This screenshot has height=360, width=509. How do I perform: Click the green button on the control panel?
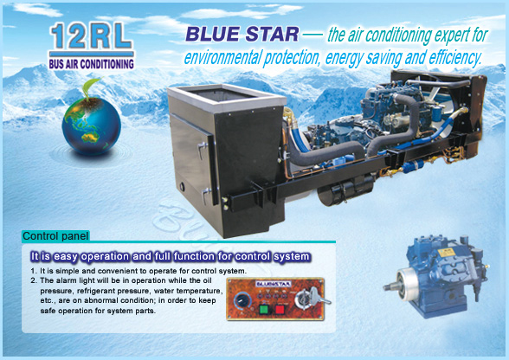(x=265, y=309)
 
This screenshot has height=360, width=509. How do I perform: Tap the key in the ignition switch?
(x=319, y=297)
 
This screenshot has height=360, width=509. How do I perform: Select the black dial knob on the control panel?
(x=242, y=300)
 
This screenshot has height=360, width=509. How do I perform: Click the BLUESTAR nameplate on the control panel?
(x=274, y=284)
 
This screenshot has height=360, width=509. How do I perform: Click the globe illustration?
(x=92, y=126)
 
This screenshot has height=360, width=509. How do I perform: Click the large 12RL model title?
(x=92, y=35)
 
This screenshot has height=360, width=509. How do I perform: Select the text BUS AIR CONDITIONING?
(x=92, y=64)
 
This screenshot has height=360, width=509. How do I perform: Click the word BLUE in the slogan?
(x=214, y=34)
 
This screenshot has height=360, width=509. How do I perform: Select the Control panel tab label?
(x=55, y=236)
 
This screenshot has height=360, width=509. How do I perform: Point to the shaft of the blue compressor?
(x=391, y=286)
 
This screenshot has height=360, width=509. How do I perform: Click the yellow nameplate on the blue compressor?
(x=445, y=253)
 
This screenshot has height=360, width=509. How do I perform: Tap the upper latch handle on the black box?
(x=202, y=150)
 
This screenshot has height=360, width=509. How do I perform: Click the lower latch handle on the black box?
(x=206, y=196)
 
